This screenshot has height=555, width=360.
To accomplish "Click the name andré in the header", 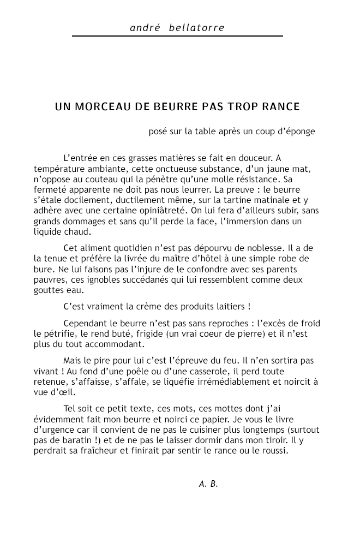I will pyautogui.click(x=145, y=28).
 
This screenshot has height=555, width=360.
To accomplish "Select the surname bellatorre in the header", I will pyautogui.click(x=197, y=28).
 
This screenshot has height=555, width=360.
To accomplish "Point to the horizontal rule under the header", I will pyautogui.click(x=177, y=36).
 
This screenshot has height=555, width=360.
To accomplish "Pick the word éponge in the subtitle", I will pyautogui.click(x=299, y=132).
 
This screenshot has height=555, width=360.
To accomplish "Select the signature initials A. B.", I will pyautogui.click(x=208, y=484).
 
